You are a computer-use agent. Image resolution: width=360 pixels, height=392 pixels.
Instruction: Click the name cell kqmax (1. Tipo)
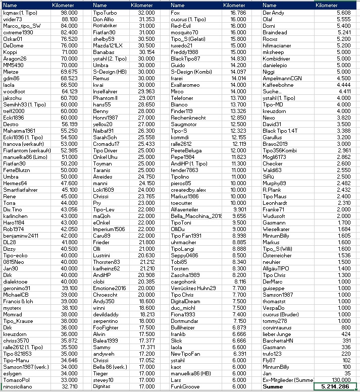tap(19, 12)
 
